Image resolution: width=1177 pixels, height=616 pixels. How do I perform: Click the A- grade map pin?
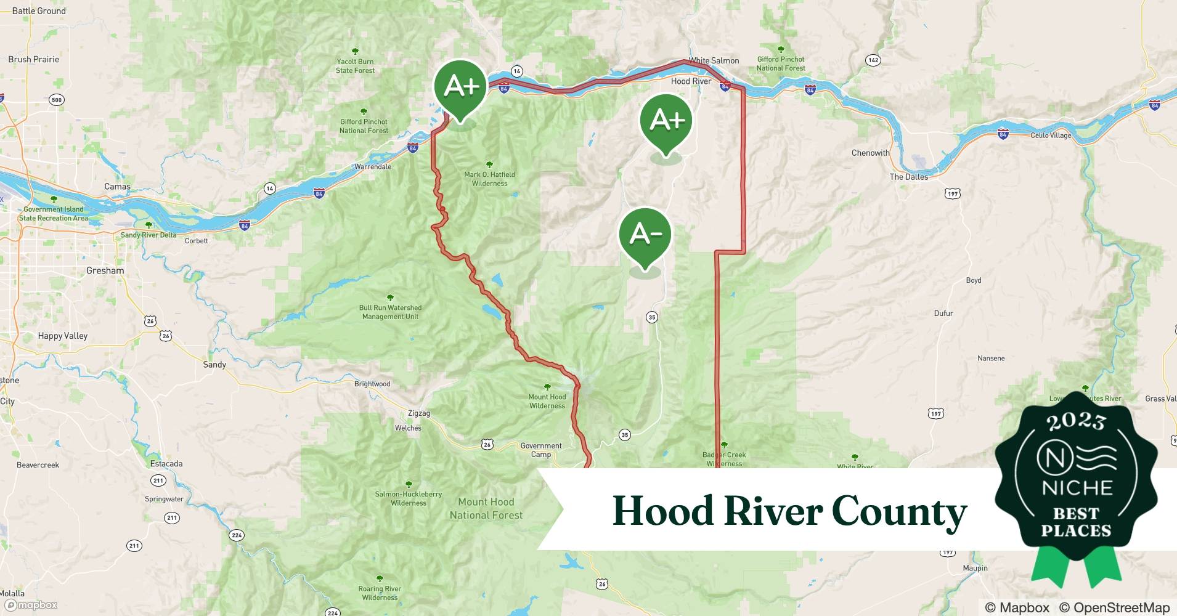[645, 235]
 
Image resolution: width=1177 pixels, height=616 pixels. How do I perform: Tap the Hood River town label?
[691, 81]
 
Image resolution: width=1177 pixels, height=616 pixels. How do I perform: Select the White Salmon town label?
[714, 60]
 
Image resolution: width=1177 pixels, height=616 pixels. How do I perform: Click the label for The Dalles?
[908, 177]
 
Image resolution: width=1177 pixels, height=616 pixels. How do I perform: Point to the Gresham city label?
[105, 270]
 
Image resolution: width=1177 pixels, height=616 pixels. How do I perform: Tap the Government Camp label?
[541, 450]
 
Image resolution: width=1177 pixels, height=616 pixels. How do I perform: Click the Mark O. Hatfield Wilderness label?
[490, 179]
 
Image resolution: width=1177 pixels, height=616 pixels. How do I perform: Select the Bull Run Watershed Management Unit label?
[390, 312]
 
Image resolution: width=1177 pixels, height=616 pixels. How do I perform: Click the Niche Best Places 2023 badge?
[1076, 480]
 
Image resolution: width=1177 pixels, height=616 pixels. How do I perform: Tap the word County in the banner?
[899, 512]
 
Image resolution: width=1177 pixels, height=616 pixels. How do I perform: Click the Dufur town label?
[943, 314]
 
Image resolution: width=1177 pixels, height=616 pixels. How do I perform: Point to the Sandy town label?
[214, 365]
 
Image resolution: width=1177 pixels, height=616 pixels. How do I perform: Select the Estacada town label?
[166, 464]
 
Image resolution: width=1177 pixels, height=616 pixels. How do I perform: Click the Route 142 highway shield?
[873, 60]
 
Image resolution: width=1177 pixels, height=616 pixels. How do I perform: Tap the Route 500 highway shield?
[57, 100]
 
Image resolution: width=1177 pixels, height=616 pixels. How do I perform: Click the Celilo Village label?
[1051, 136]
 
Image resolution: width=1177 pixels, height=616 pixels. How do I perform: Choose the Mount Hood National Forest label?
[486, 509]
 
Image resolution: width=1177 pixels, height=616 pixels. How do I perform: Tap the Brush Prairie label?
[34, 60]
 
